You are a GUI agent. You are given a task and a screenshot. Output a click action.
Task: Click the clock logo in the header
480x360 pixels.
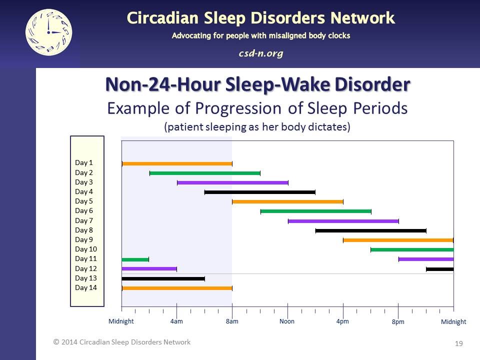48,32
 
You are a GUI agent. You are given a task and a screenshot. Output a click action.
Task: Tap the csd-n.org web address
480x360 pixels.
260,53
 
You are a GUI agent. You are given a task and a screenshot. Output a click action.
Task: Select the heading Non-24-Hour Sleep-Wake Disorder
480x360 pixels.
257,84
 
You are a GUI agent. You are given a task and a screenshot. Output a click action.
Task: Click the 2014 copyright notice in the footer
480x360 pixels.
122,342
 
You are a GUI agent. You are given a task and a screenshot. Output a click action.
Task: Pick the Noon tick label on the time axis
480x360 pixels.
287,321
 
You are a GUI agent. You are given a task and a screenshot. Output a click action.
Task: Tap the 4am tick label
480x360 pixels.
176,321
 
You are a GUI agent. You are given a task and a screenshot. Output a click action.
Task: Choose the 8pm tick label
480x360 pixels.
398,322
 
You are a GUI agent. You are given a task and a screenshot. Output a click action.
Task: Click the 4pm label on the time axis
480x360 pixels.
342,321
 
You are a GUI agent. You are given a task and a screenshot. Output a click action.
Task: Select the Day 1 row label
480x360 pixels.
84,162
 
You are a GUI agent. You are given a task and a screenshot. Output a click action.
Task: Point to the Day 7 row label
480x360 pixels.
84,220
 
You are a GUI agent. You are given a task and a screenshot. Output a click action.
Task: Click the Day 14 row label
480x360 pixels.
85,287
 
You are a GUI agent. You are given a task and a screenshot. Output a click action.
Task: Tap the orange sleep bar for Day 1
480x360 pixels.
177,163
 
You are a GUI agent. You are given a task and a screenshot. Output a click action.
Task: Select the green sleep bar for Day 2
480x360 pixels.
205,173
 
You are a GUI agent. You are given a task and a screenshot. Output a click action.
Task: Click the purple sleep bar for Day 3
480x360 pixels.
232,182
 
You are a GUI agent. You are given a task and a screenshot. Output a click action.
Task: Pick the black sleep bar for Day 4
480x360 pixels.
260,192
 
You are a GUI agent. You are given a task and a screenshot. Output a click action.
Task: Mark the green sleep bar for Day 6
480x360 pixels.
315,211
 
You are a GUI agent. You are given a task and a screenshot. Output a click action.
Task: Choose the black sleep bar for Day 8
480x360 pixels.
370,230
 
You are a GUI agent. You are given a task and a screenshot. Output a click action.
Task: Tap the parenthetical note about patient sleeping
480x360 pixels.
257,127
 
